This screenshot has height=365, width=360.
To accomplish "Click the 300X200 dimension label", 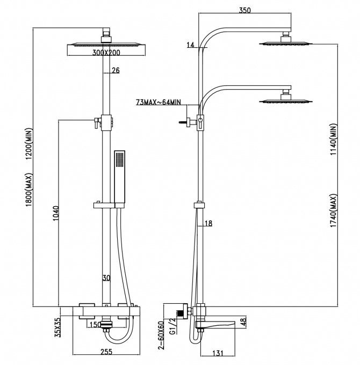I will pos(106,53).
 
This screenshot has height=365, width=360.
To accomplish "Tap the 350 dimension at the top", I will pos(246,10).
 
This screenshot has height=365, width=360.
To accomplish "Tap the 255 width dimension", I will pos(106,352).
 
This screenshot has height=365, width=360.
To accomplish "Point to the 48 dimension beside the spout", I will pos(243,323).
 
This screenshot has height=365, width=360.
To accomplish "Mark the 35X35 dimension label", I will pos(58,326).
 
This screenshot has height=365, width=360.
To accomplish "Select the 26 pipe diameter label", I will pos(116,70).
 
